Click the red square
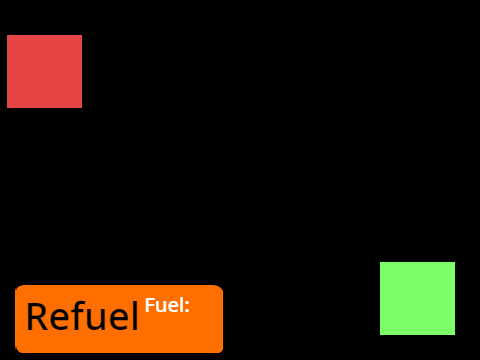44,71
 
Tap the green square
417,298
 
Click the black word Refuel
82,316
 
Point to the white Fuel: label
167,305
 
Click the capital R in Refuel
36,316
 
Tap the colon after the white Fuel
187,307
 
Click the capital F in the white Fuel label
149,305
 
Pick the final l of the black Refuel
135,316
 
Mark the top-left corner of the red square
7,35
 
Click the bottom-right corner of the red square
82,108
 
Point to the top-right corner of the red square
82,35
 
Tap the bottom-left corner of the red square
7,108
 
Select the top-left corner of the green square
380,262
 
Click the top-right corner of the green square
455,262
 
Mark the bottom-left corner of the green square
380,335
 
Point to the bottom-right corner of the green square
455,335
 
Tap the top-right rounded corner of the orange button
221,287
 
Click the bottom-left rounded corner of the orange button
17,350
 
